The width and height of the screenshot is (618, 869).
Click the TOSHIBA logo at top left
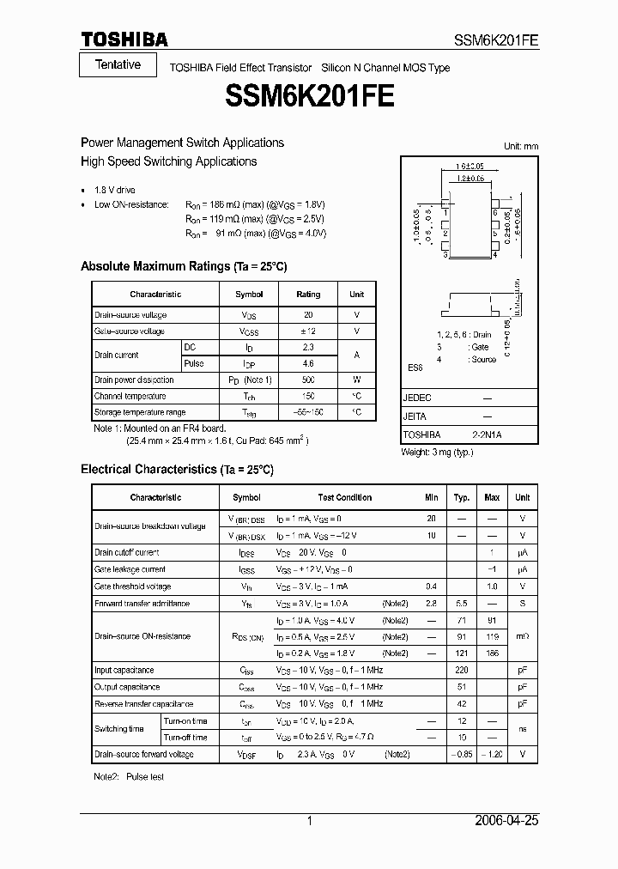pos(124,39)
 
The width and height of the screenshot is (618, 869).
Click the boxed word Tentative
pos(118,65)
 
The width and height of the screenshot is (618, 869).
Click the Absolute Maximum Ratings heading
pos(183,267)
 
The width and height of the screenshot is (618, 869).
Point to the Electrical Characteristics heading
pos(176,470)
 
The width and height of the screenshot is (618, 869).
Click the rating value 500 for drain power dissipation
pos(308,380)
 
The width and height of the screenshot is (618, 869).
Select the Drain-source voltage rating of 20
pos(308,315)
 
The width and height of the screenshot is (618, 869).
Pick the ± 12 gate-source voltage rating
pos(308,331)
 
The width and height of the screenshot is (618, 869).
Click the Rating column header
pos(308,294)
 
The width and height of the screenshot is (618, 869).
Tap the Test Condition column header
pos(345,497)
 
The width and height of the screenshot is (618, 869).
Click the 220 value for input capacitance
pos(461,670)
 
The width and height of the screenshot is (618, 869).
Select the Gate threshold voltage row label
pos(132,586)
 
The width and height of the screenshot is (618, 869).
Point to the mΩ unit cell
pos(522,636)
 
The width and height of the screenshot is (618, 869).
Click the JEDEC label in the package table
pos(417,398)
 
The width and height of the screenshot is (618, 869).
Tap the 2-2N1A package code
pos(487,434)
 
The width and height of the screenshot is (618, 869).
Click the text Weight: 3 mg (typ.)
pos(437,451)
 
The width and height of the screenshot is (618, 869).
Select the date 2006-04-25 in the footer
pos(506,821)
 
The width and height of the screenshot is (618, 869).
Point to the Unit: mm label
pos(520,147)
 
